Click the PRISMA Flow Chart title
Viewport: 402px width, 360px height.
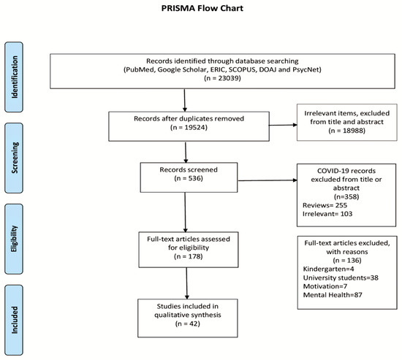pos(202,8)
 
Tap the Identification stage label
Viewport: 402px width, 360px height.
pos(15,77)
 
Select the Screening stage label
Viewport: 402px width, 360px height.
pos(15,158)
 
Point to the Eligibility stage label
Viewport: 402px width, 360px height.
pos(14,239)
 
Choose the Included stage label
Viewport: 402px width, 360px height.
pos(15,320)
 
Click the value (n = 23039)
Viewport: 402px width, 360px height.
pos(222,78)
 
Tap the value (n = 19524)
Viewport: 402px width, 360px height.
pos(189,127)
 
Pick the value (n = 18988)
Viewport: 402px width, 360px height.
pos(346,131)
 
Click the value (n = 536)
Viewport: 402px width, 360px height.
pos(189,178)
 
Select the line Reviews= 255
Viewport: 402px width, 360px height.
pos(325,205)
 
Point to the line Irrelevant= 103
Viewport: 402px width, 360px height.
pos(327,214)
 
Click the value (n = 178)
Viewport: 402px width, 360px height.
pos(188,256)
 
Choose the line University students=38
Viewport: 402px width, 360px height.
pos(341,277)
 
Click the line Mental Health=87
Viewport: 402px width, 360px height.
pos(333,295)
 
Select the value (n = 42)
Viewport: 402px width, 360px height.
pos(188,323)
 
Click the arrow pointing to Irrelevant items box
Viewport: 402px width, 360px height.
pos(283,125)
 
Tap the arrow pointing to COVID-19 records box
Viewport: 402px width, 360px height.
pos(268,180)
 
